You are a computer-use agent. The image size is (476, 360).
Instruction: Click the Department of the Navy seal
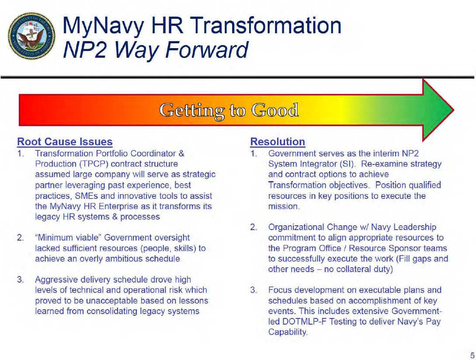[32, 36]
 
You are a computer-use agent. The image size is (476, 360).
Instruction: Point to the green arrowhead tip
[454, 110]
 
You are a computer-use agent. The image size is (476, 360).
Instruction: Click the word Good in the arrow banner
[275, 110]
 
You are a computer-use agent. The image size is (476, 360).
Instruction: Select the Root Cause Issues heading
[65, 142]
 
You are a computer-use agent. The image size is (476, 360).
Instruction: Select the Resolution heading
[278, 142]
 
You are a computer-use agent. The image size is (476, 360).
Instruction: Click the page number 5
[472, 355]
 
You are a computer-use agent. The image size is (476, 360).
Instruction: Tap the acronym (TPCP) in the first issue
[94, 164]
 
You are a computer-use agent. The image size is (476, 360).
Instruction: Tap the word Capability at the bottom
[288, 332]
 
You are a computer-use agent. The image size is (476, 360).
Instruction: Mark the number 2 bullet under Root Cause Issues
[21, 237]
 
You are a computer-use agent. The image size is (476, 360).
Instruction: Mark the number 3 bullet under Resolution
[254, 290]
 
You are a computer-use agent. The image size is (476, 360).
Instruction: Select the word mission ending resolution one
[284, 206]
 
